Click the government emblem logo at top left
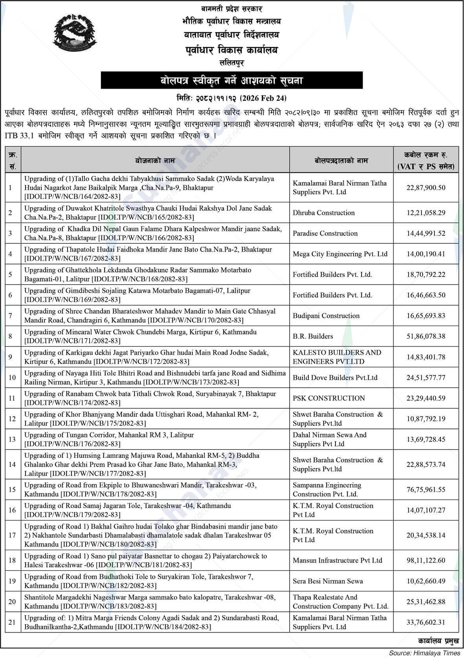74,36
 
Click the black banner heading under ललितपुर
231,81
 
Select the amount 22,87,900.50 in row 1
426,188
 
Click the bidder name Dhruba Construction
323,213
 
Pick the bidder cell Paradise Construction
325,233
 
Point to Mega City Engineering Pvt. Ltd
340,254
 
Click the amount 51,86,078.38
426,336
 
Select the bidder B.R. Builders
313,336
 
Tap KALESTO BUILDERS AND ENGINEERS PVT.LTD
337,357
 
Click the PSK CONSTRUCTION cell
328,398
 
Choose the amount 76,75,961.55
426,489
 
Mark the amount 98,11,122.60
426,560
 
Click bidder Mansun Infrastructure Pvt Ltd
337,560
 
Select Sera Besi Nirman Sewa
328,581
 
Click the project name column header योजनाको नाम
155,160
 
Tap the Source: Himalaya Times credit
424,653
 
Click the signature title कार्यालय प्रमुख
438,641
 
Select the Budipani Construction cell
326,315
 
